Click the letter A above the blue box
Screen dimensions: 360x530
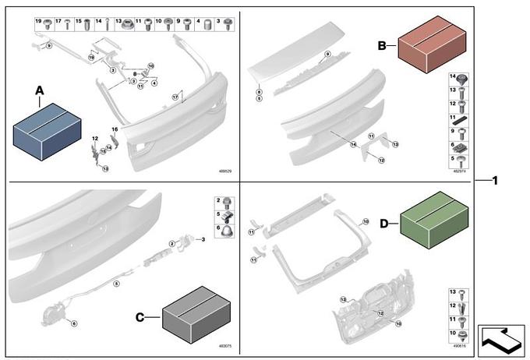click(x=40, y=91)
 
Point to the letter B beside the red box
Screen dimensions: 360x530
click(x=382, y=46)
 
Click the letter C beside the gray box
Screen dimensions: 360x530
click(x=140, y=317)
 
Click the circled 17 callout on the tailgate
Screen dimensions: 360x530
click(x=175, y=96)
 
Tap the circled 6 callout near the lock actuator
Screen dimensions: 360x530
click(x=74, y=323)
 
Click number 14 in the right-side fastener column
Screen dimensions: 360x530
click(x=452, y=76)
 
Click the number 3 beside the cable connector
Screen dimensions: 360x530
click(x=203, y=239)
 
